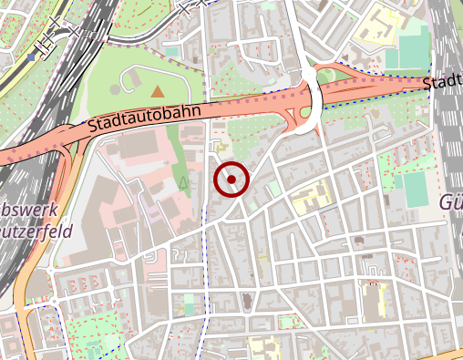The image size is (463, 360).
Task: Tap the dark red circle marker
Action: pyautogui.click(x=231, y=180)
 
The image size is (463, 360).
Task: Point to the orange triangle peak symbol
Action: pyautogui.click(x=159, y=91)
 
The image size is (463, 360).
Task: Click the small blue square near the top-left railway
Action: pyautogui.click(x=31, y=57)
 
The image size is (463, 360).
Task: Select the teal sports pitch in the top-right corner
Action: pyautogui.click(x=406, y=55)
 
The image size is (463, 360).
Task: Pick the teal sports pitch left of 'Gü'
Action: pyautogui.click(x=415, y=190)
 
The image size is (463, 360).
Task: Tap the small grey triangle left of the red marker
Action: pyautogui.click(x=184, y=183)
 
